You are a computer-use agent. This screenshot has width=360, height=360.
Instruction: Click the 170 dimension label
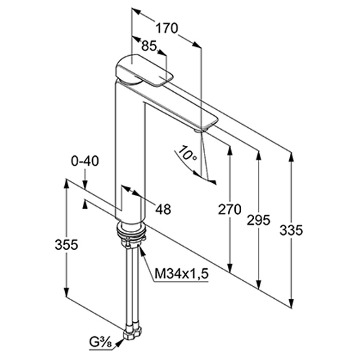click(167, 29)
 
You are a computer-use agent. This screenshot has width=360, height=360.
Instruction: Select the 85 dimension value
click(149, 46)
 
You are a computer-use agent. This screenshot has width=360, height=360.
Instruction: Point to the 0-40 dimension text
click(85, 161)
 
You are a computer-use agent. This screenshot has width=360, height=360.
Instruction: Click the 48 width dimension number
click(163, 209)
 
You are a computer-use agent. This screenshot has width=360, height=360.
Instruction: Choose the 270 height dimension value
click(229, 209)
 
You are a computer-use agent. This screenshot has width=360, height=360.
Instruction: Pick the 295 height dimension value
click(258, 220)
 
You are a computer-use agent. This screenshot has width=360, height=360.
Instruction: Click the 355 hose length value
click(67, 245)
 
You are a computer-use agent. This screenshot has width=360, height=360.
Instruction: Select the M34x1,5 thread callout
click(181, 273)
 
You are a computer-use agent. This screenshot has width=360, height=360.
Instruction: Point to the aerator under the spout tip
click(199, 130)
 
